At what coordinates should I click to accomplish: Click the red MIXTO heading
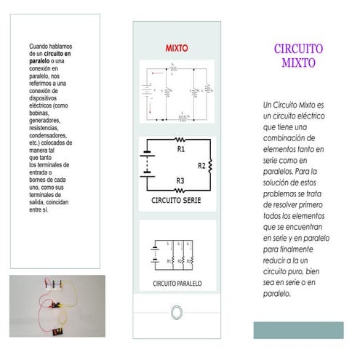[176, 48]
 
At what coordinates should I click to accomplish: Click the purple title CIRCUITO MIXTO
[298, 55]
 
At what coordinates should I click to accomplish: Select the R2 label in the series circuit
[201, 166]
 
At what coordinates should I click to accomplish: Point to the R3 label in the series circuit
[180, 181]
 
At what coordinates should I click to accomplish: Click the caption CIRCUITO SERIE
[176, 199]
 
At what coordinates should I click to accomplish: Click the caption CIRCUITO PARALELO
[177, 283]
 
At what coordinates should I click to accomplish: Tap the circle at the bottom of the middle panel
[176, 312]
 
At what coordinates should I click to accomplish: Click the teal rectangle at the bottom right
[298, 329]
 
